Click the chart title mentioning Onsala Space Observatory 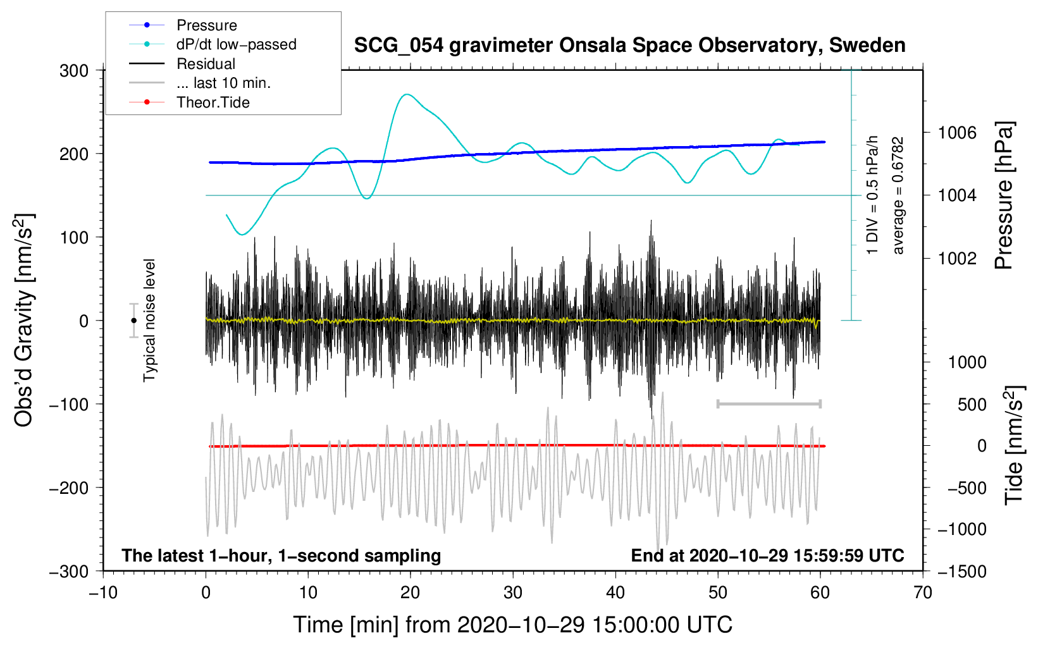click(x=629, y=46)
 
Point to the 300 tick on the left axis click(x=74, y=71)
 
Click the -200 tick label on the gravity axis click(x=69, y=488)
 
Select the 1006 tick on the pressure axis click(x=957, y=133)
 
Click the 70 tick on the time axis click(x=922, y=593)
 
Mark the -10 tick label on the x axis click(x=103, y=593)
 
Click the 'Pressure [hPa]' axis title click(x=1004, y=195)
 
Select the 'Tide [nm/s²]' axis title click(x=1015, y=445)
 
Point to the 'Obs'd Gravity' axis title click(x=24, y=321)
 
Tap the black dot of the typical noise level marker click(x=134, y=321)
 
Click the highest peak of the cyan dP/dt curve click(x=407, y=95)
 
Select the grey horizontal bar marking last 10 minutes click(x=769, y=404)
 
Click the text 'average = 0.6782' click(x=898, y=195)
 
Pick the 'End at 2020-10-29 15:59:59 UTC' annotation click(x=767, y=556)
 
